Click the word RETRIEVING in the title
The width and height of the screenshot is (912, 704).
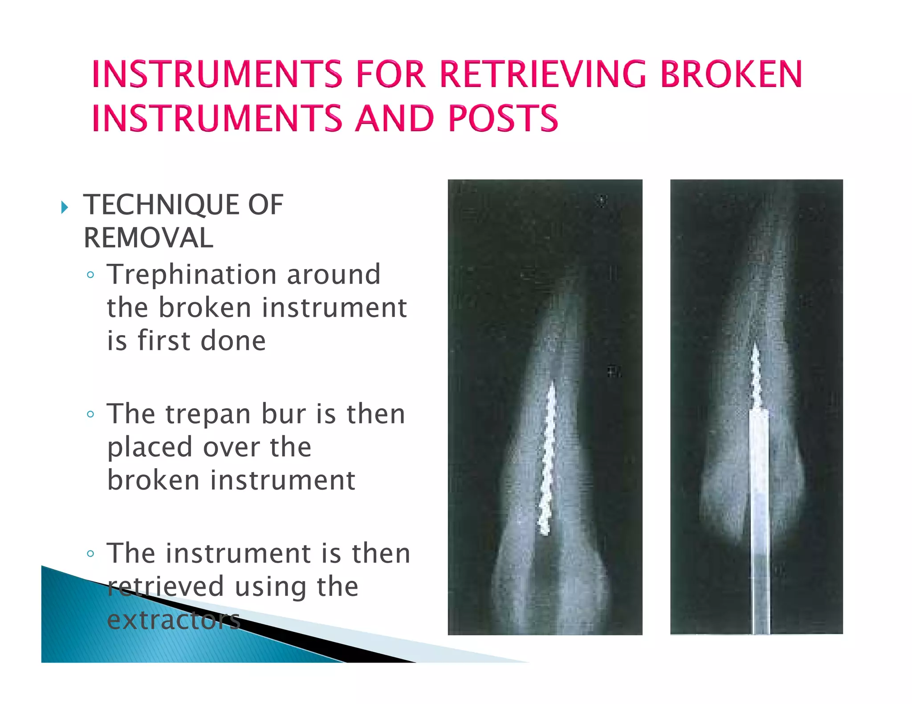542,74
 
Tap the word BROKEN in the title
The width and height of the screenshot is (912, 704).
731,74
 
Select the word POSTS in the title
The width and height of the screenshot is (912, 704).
503,118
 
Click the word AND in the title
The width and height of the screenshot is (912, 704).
395,118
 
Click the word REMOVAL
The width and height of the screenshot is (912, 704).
148,238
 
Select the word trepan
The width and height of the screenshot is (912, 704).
208,415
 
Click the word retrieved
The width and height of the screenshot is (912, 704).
165,587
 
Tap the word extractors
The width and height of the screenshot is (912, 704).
174,620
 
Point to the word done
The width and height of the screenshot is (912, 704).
233,341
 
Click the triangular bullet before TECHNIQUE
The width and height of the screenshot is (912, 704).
65,207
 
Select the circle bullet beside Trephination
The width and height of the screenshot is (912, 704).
91,275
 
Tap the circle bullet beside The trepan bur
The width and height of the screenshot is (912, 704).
91,415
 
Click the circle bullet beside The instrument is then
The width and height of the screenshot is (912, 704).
91,554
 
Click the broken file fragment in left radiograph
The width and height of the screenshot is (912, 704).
547,458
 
